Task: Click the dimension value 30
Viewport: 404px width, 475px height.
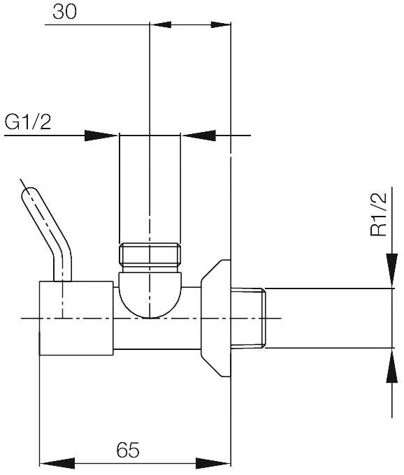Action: [x=64, y=12]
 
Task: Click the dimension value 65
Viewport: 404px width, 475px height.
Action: [x=128, y=450]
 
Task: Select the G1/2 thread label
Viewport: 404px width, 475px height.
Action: [x=28, y=122]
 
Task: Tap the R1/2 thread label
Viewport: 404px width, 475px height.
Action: [x=379, y=214]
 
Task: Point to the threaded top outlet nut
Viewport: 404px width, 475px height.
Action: [x=150, y=254]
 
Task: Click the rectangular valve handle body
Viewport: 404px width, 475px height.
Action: [x=76, y=318]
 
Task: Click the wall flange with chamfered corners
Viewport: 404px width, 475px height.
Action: [x=216, y=318]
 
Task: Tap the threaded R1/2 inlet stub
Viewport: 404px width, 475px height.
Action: [x=248, y=318]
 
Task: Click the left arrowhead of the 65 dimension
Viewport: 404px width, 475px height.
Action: [x=57, y=464]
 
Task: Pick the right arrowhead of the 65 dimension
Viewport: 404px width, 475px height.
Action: [x=213, y=464]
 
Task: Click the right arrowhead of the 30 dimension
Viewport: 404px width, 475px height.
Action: [x=221, y=25]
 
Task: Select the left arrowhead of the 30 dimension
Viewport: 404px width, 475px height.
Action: [x=161, y=25]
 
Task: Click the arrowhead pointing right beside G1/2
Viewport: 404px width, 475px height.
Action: [x=101, y=136]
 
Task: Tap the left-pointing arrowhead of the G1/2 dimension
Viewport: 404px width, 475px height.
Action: [x=199, y=136]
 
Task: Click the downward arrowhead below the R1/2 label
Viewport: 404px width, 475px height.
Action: [x=392, y=270]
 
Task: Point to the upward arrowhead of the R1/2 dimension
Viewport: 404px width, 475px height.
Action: [x=392, y=366]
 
